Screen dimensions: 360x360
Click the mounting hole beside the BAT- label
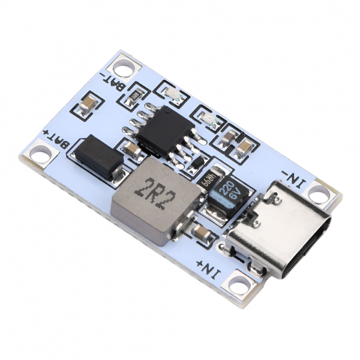[x=124, y=65]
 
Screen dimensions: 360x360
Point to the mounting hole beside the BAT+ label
[x=40, y=153]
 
